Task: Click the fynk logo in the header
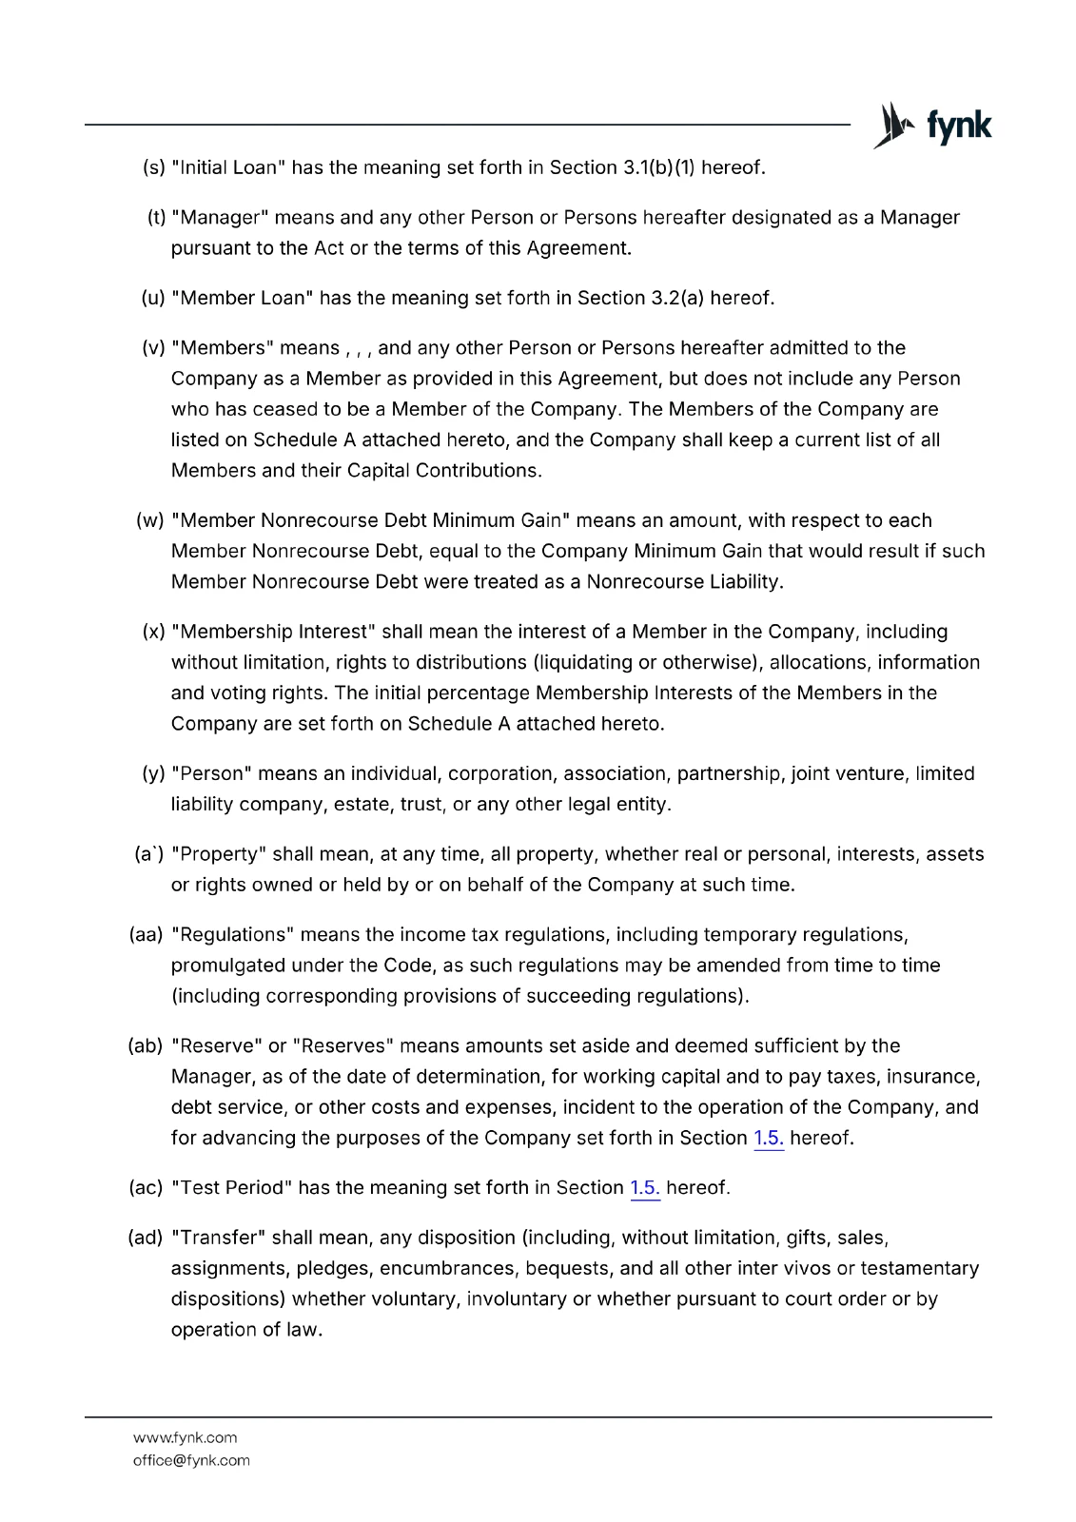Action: point(932,126)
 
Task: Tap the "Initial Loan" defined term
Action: point(228,168)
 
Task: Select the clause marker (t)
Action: point(156,218)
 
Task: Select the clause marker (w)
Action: point(150,521)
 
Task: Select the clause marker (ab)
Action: point(146,1046)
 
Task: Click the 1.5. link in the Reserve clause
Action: point(769,1139)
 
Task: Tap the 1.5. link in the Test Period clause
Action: point(645,1188)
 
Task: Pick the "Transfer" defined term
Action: point(218,1239)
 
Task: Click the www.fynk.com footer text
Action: point(186,1437)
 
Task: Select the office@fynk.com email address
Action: point(191,1460)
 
